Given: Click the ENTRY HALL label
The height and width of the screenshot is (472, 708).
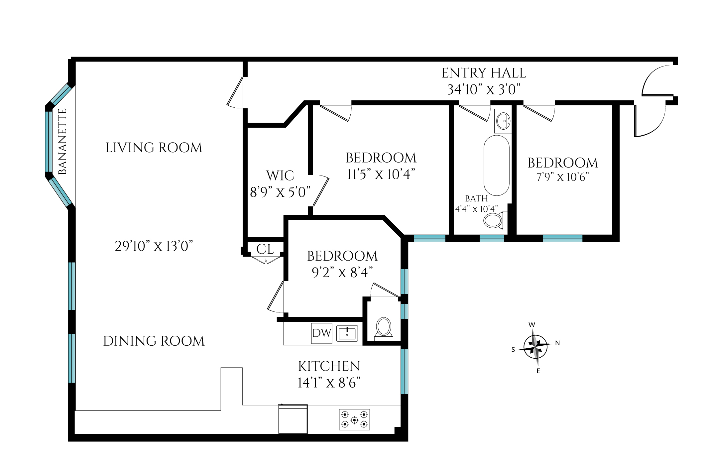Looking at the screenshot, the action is tap(484, 73).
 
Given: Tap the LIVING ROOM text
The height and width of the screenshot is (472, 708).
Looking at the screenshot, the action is tap(154, 148).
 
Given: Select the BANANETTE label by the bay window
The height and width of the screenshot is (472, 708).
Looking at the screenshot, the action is tap(62, 142).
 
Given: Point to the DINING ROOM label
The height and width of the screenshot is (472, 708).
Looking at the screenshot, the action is tap(154, 341).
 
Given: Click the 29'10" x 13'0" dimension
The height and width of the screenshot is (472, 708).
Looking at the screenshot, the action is tap(154, 246).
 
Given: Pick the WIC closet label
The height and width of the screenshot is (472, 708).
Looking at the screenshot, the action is tap(280, 176).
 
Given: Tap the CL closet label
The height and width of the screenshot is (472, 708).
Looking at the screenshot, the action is tap(265, 249).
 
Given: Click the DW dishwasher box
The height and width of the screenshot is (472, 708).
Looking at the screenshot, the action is tap(322, 333).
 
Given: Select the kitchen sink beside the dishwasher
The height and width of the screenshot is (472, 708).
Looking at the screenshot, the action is tap(347, 333).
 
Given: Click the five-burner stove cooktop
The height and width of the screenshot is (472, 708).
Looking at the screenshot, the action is tap(354, 419).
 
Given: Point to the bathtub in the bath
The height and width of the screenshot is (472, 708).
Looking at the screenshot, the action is tap(497, 165).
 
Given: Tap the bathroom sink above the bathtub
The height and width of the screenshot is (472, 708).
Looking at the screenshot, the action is tap(503, 121).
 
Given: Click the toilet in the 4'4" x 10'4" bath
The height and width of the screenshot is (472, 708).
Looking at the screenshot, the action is tap(495, 220).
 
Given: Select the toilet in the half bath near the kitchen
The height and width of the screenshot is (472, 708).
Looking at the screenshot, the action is tap(384, 328).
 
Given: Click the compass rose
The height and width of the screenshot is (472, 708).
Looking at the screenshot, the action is tap(535, 347).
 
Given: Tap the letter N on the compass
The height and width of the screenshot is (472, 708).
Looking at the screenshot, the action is tap(557, 343).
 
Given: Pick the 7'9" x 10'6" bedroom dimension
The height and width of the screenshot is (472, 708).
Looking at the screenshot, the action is tap(563, 177).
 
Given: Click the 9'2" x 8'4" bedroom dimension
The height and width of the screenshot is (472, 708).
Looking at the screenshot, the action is tap(342, 273).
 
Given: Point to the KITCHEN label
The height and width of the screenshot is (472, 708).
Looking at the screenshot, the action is tap(329, 366).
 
